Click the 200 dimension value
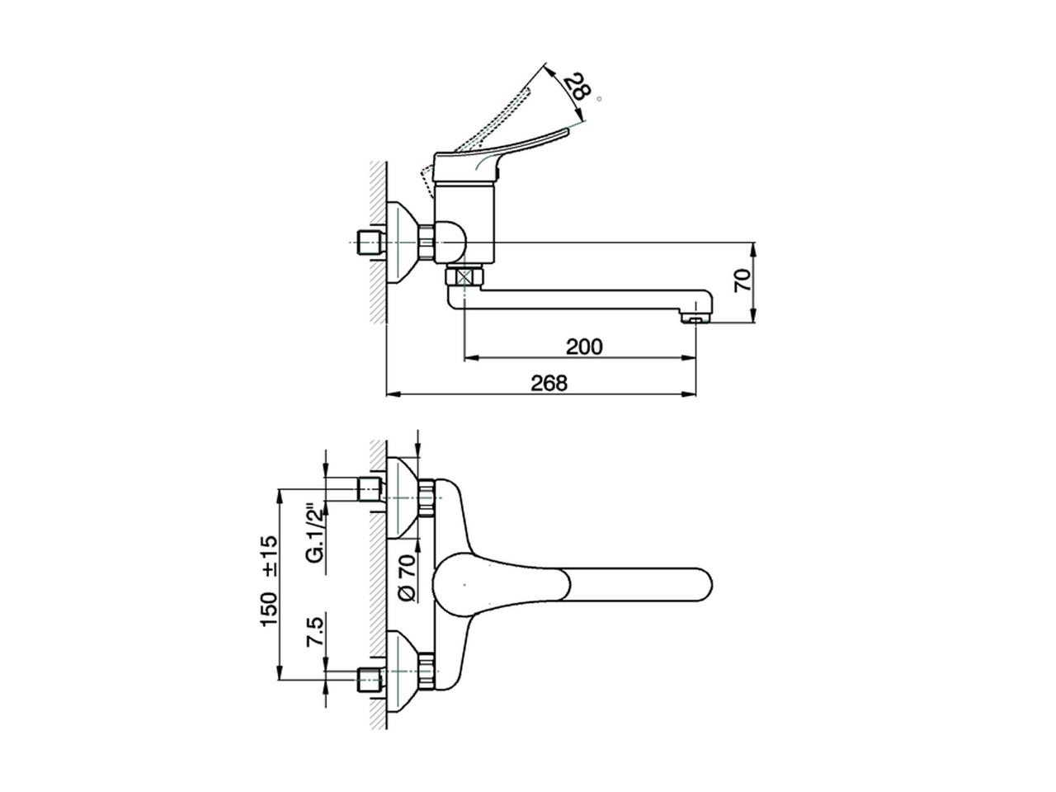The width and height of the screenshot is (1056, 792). (x=584, y=346)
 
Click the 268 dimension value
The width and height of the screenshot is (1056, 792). (x=549, y=383)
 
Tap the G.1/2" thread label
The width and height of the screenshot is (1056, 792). (x=314, y=533)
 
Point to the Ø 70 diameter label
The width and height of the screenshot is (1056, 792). (x=404, y=577)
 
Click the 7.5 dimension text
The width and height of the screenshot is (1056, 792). (x=314, y=633)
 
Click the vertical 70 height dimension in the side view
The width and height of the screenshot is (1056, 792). (x=743, y=282)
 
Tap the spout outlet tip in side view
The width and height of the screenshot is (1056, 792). (x=695, y=314)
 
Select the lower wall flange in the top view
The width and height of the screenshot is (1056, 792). (x=404, y=670)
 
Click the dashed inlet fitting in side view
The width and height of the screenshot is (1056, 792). (x=367, y=243)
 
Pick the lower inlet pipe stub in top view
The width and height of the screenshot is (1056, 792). (x=369, y=681)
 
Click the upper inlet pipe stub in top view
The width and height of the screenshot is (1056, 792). (x=369, y=488)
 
